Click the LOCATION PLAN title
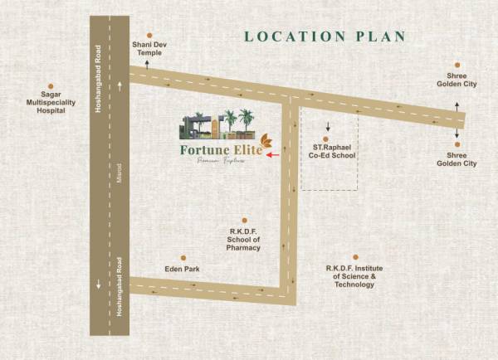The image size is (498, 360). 325,36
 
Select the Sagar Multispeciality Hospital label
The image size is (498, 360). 51,103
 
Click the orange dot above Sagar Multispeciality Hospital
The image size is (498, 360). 51,85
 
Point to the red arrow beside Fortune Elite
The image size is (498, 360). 274,154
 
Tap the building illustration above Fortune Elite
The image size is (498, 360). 217,124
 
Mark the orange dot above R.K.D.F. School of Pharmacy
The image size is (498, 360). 244,221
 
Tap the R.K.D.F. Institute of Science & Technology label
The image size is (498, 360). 355,276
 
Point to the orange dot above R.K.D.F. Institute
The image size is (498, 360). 355,258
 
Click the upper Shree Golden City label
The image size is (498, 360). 456,80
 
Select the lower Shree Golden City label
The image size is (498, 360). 456,159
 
